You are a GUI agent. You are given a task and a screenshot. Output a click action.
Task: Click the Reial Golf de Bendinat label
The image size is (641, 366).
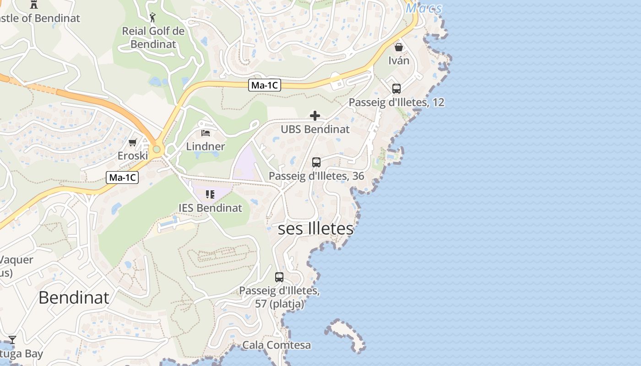tap(153, 38)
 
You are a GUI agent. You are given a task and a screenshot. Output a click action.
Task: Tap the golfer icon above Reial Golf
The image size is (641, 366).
tap(153, 18)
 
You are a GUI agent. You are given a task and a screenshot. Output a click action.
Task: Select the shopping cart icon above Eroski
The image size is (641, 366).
tap(133, 143)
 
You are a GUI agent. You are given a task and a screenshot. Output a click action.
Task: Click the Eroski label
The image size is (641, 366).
tap(133, 156)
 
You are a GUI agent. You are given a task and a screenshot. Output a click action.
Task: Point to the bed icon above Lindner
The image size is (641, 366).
tap(206, 133)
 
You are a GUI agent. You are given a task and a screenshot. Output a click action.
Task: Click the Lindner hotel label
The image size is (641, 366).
tap(206, 146)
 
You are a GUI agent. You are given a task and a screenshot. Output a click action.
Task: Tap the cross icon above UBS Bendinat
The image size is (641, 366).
tap(315, 116)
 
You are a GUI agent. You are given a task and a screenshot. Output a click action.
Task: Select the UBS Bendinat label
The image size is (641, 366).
tap(315, 129)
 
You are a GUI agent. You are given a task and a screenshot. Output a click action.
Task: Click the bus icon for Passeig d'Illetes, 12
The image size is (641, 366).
tap(397, 89)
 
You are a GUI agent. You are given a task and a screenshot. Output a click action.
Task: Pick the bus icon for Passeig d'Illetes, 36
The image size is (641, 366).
tap(316, 162)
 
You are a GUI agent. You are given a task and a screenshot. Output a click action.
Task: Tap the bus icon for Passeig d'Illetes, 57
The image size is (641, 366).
tap(279, 277)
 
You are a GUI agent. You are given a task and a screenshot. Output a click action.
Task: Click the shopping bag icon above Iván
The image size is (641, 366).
tap(399, 47)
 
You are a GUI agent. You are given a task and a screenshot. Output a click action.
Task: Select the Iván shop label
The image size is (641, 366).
tap(399, 60)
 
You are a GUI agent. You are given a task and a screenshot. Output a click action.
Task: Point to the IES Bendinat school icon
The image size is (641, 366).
tap(210, 194)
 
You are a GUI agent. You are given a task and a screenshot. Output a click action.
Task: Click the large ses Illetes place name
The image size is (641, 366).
tap(316, 229)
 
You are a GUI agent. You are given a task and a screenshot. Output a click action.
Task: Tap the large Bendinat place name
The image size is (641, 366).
tap(74, 297)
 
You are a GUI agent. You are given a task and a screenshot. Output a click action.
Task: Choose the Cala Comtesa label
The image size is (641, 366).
tap(277, 345)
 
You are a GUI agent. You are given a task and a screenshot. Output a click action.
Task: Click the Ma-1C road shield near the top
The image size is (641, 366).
tap(265, 85)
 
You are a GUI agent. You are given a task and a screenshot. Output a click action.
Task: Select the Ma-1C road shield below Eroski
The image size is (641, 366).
tap(122, 178)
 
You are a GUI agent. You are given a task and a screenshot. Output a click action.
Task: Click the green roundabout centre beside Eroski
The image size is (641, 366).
tap(157, 149)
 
